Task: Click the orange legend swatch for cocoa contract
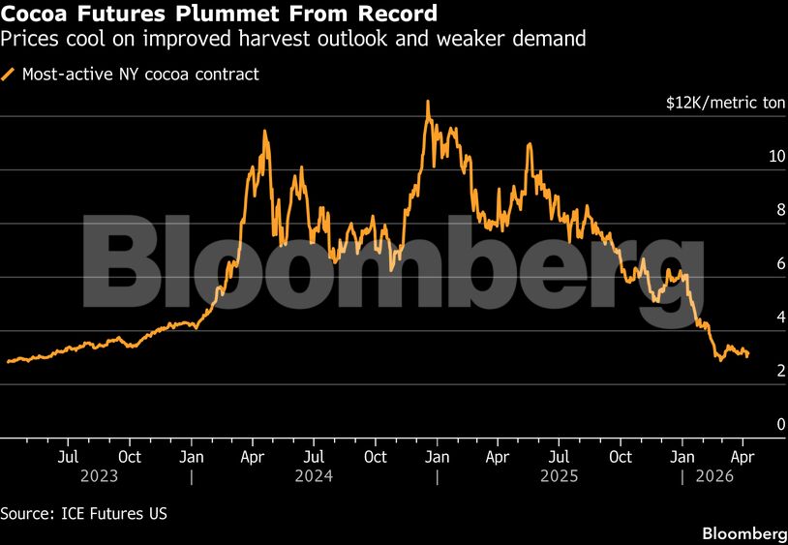tap(10, 74)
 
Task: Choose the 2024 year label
tap(314, 476)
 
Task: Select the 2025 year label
tap(559, 476)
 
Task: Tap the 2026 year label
tap(712, 476)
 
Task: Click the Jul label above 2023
tap(68, 456)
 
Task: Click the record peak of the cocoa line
tap(427, 101)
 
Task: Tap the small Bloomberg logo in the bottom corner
tap(743, 533)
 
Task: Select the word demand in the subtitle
tap(551, 40)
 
